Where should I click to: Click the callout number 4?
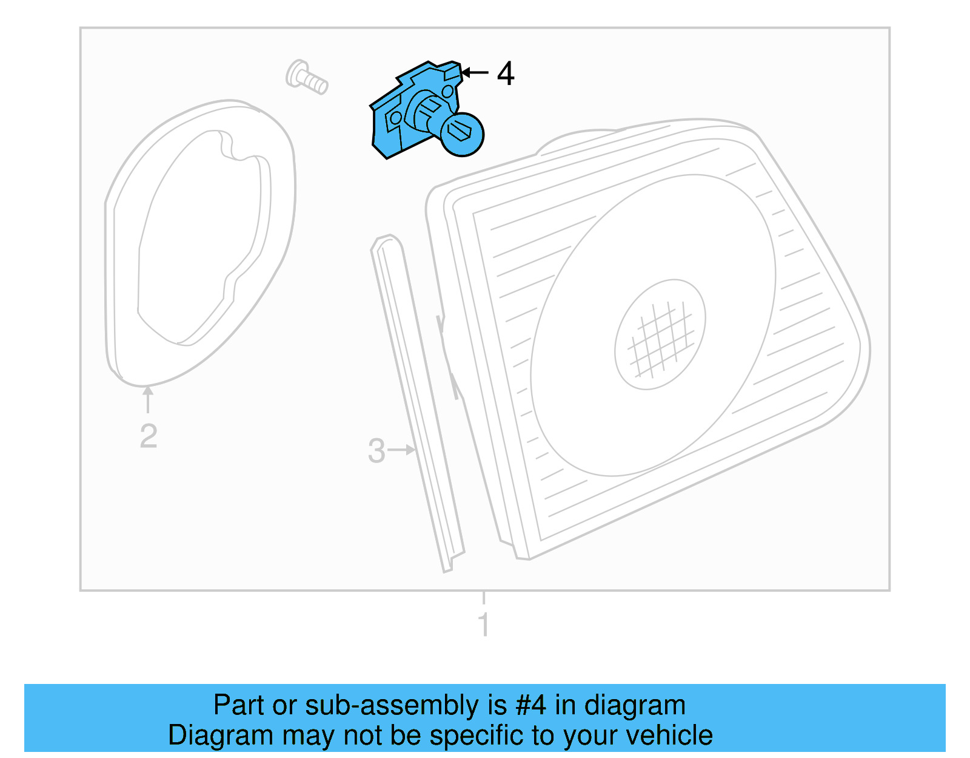tap(506, 74)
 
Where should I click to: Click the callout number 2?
tap(149, 436)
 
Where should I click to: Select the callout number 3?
tap(376, 451)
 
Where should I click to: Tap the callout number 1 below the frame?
tap(484, 624)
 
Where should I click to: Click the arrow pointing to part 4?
tap(475, 73)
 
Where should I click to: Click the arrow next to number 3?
tap(402, 450)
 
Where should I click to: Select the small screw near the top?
tap(307, 78)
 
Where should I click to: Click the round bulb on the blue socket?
tap(461, 134)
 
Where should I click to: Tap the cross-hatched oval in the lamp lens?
tap(660, 334)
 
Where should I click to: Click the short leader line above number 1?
tap(484, 598)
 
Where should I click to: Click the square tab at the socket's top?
tap(452, 72)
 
